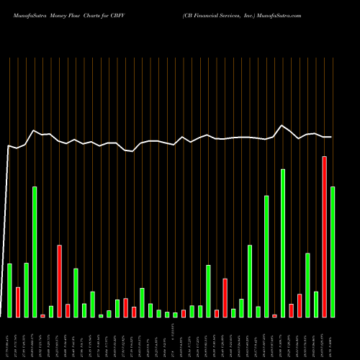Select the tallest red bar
[324, 236]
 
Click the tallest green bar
[283, 243]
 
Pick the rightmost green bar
[333, 252]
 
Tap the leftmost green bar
[9, 290]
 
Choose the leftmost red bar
[18, 302]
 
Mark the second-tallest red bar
[59, 281]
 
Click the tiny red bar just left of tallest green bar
[274, 315]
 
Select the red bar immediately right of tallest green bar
[291, 310]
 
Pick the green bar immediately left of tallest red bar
[316, 304]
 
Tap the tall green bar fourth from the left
[35, 252]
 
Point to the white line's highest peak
[283, 125]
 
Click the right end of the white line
[331, 137]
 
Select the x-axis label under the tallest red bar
[324, 338]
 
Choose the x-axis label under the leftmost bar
[9, 338]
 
